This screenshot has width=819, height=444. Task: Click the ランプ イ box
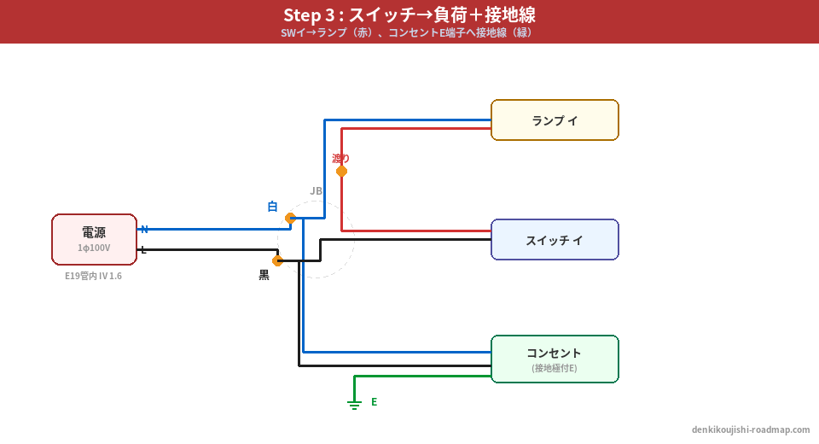(x=555, y=120)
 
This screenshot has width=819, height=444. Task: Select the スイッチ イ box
(x=555, y=240)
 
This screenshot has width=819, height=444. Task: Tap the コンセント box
(x=555, y=359)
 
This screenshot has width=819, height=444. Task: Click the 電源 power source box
(x=94, y=239)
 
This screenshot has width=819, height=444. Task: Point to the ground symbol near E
(x=354, y=404)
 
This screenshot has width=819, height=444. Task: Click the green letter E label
(x=374, y=402)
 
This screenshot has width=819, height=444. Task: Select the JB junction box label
(x=316, y=191)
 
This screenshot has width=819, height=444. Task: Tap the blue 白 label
(x=272, y=207)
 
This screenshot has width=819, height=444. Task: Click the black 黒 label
(x=264, y=275)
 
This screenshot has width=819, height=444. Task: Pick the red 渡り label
(x=341, y=158)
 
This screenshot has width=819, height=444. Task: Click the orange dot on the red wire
(x=341, y=172)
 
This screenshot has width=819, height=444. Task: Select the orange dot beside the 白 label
(x=290, y=218)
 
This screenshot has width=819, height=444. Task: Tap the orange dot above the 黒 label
(x=277, y=260)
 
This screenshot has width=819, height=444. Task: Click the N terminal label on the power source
(x=144, y=229)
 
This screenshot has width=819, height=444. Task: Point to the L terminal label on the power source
(x=143, y=249)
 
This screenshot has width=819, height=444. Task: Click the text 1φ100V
(x=94, y=248)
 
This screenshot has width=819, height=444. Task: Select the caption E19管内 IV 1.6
(x=94, y=276)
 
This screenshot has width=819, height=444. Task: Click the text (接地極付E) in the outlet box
(x=555, y=368)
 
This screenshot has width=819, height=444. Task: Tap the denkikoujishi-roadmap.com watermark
(x=751, y=429)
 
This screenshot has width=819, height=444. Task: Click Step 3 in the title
(x=309, y=15)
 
